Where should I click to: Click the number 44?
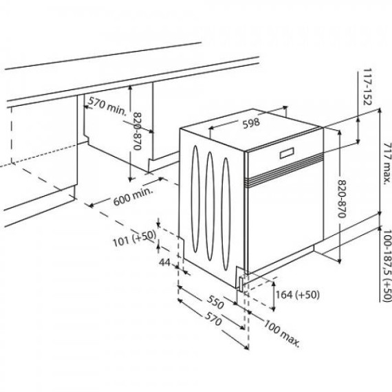[166, 263]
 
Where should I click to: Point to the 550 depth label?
[216, 302]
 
